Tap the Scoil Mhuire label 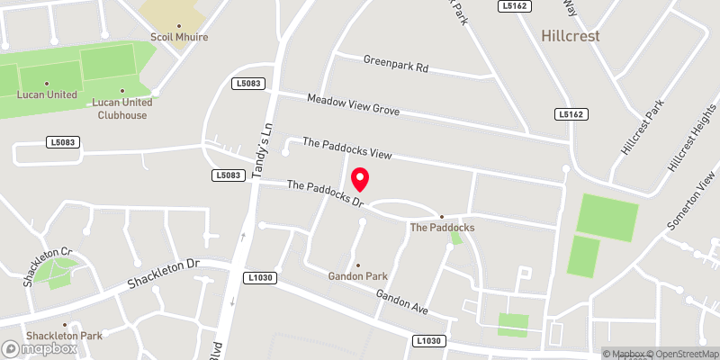179,38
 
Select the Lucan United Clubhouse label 121,108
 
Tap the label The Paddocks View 346,148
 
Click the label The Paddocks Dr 325,193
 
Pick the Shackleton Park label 64,336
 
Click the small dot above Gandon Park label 357,265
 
